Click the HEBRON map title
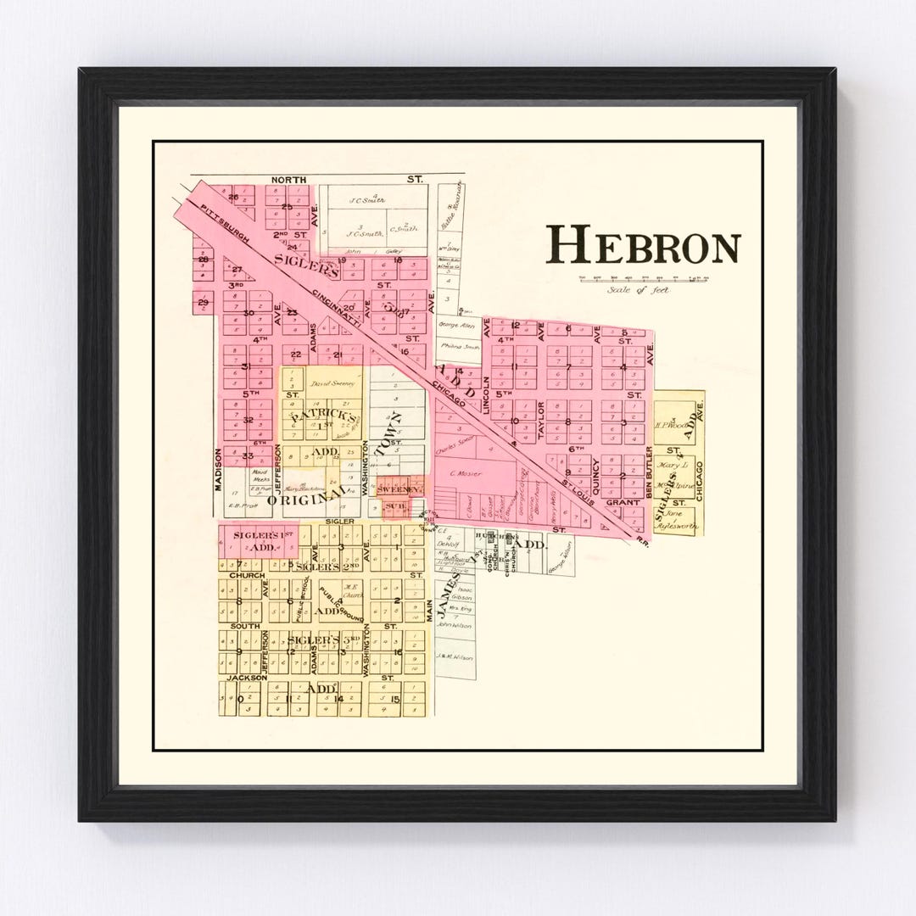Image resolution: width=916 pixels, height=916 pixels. (643, 247)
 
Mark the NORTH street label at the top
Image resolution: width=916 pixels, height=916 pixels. (286, 180)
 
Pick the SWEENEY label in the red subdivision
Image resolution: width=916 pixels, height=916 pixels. (399, 490)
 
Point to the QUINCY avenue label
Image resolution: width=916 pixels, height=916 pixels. (596, 475)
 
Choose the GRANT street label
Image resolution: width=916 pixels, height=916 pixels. (622, 502)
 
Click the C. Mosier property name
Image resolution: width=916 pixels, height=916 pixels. (465, 473)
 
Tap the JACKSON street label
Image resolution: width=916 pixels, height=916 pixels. (243, 679)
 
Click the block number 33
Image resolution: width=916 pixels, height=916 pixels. (248, 455)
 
